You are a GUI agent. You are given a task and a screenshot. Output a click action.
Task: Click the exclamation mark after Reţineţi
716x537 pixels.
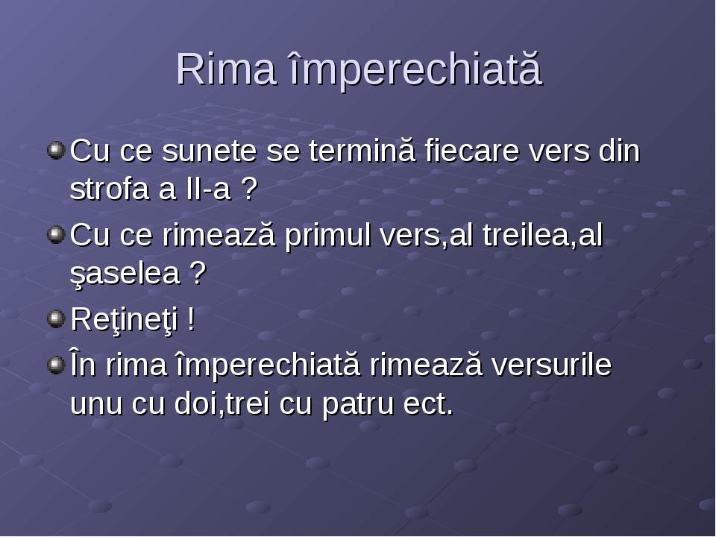(x=192, y=320)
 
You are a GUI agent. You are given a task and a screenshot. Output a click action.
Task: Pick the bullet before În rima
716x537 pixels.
(x=55, y=365)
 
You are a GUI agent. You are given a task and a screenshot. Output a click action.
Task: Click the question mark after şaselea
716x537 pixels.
(x=198, y=274)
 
